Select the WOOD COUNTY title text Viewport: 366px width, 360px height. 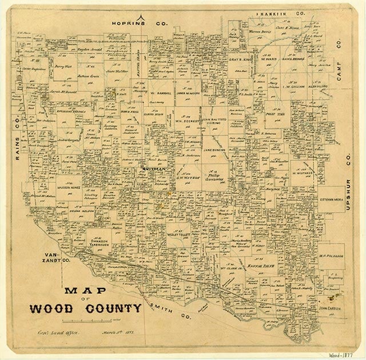pos(85,309)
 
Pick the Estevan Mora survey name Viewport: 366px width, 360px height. pos(330,200)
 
